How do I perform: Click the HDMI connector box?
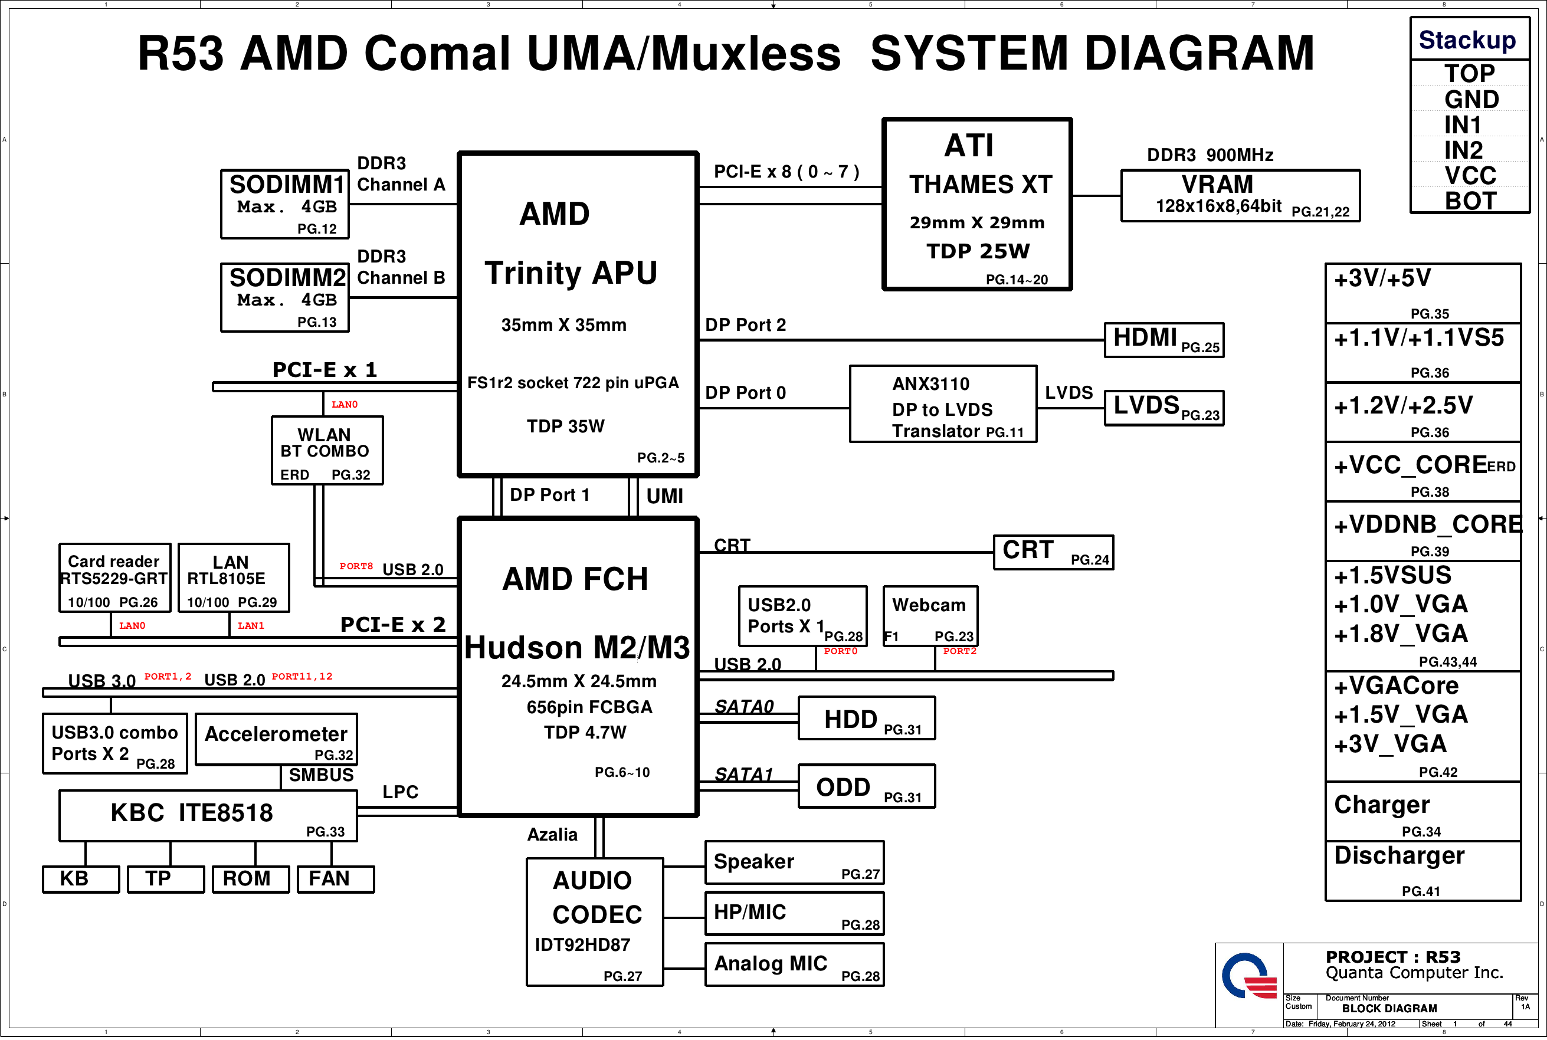[x=1163, y=340]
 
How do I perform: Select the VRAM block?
[x=1240, y=196]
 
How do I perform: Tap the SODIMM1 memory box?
[x=284, y=204]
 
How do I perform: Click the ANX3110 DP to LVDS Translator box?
[x=943, y=404]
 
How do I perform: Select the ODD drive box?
[x=866, y=786]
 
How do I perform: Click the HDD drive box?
[x=866, y=719]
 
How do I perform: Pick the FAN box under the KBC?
[x=336, y=880]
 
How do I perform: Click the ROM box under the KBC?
[x=251, y=880]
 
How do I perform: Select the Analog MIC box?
[x=794, y=965]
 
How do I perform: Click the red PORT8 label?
[x=356, y=566]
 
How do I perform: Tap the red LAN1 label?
[x=251, y=625]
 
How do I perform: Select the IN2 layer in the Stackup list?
[x=1463, y=150]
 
